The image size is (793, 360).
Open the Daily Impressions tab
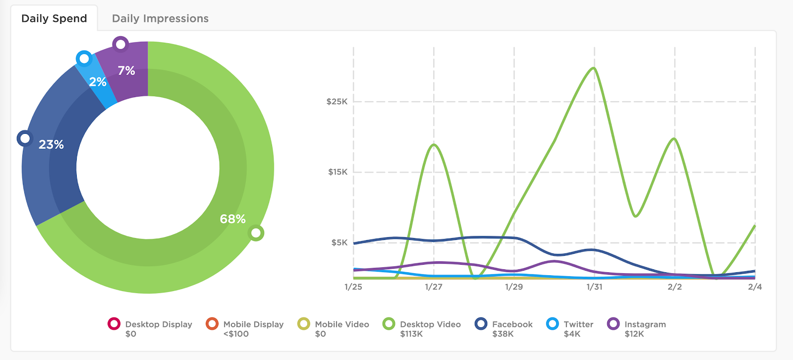[x=160, y=19]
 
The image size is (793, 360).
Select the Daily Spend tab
[x=54, y=19]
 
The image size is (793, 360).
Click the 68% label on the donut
[x=232, y=219]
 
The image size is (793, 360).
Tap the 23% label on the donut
[x=51, y=144]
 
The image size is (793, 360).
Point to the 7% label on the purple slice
[x=126, y=70]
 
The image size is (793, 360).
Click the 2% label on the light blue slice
[x=98, y=82]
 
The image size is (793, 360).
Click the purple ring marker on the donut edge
[x=120, y=45]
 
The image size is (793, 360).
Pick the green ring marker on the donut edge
[x=256, y=233]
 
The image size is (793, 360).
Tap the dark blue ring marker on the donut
[x=24, y=138]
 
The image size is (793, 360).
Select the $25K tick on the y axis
[x=337, y=102]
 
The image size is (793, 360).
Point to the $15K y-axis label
[x=338, y=172]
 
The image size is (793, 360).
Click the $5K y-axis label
[x=340, y=242]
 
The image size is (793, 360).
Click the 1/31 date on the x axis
[x=594, y=287]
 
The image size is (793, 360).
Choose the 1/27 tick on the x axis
[x=434, y=287]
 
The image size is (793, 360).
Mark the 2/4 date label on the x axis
[x=755, y=287]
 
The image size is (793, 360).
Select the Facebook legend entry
[x=512, y=324]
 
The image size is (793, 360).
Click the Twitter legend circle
[x=552, y=324]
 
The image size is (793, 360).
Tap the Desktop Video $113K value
[x=411, y=334]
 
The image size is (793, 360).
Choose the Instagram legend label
[x=645, y=324]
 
